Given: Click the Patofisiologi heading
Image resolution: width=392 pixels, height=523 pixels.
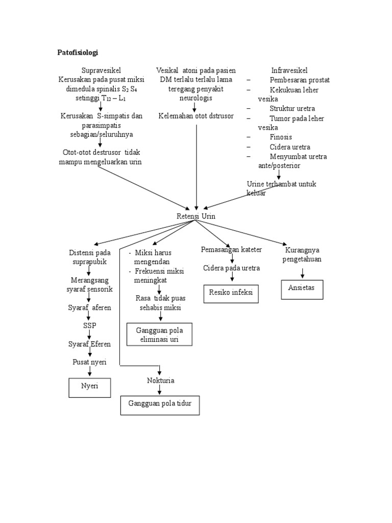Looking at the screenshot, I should point(77,53).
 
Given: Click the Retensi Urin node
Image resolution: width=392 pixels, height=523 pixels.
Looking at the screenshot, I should point(196,216).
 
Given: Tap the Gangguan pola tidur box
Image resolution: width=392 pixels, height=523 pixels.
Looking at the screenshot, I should point(160,405).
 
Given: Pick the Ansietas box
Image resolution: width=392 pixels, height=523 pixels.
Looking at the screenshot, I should point(302,289).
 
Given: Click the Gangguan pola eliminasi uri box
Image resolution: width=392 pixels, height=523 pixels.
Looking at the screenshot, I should point(160,335).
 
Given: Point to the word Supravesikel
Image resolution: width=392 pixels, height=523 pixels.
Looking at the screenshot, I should point(101,70).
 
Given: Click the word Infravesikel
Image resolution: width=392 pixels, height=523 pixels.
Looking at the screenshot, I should point(289,70).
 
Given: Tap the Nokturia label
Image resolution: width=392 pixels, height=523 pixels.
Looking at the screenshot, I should point(160,381).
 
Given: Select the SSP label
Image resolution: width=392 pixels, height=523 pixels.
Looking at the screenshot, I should point(90,325).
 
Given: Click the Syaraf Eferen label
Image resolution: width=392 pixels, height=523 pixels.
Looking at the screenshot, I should point(90,344).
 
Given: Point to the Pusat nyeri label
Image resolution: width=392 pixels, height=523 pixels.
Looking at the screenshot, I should point(89,362).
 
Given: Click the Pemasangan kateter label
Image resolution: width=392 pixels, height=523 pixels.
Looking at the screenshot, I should point(231,249).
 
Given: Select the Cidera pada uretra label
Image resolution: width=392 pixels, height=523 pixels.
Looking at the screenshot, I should point(231,268).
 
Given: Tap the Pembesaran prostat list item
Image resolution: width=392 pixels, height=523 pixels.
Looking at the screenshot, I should point(299,80).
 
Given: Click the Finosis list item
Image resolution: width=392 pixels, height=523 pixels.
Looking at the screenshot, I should point(281,137).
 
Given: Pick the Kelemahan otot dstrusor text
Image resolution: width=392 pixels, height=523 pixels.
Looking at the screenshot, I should point(196,116).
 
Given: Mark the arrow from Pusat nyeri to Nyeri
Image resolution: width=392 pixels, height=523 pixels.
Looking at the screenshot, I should point(90,372).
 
